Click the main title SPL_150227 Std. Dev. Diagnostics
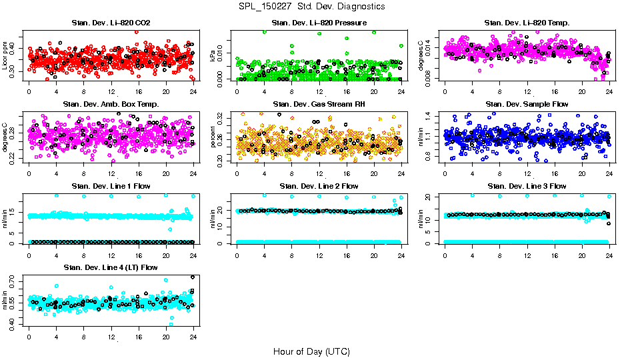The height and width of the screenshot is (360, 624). pos(311,7)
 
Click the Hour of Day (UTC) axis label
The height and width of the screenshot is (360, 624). pos(311,351)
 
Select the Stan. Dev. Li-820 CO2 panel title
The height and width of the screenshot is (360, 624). pos(111,23)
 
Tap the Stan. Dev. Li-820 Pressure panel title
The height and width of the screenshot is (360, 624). pos(319,23)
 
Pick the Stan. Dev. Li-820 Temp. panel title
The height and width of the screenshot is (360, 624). pos(527,23)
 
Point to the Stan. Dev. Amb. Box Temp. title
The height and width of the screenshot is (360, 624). pos(111,105)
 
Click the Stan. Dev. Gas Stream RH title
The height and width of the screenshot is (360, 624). pos(319,105)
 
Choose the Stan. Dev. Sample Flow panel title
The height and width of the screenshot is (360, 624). pos(527,105)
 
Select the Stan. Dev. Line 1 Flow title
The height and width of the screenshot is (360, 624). pos(111,186)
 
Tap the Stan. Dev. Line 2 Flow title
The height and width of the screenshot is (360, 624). pos(319,186)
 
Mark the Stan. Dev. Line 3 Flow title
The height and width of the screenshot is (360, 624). pos(527,186)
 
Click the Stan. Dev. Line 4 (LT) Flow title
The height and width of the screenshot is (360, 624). pos(111,267)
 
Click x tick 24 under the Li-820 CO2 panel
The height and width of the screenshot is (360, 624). pos(193,92)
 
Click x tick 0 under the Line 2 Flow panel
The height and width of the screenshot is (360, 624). pos(237,255)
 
